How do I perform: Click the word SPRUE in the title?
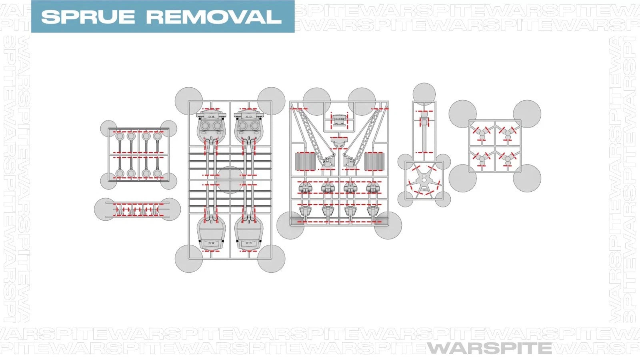point(88,17)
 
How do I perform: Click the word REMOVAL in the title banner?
point(214,17)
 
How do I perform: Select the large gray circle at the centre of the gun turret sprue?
point(230,180)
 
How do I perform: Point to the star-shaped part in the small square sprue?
point(424,180)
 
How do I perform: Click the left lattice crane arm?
point(313,137)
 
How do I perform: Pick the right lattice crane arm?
point(365,137)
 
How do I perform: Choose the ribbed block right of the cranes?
point(374,161)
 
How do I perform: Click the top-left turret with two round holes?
point(211,125)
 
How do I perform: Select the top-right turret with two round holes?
point(248,125)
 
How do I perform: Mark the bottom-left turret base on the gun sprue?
point(211,233)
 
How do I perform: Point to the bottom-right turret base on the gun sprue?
point(248,233)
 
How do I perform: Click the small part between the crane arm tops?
point(339,120)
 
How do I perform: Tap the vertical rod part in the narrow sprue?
point(424,132)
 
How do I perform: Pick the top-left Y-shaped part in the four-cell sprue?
point(482,134)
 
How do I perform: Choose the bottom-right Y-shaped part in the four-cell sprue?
point(508,159)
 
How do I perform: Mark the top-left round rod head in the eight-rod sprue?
point(120,136)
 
